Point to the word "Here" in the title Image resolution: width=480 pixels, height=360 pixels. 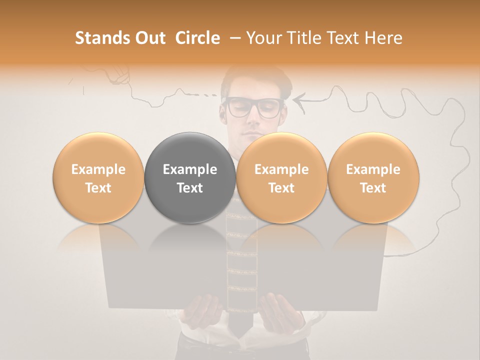click(x=383, y=38)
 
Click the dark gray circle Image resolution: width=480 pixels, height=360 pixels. click(x=190, y=178)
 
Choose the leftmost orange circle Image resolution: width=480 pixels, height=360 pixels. click(x=98, y=178)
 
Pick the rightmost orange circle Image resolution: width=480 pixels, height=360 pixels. click(x=373, y=178)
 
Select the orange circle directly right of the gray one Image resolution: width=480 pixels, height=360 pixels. click(x=281, y=178)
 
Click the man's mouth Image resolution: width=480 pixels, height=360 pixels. click(x=252, y=134)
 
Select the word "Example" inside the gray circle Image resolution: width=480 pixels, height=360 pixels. click(x=190, y=169)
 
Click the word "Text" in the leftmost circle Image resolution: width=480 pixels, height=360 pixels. click(x=98, y=188)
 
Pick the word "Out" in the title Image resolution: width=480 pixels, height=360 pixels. click(x=149, y=38)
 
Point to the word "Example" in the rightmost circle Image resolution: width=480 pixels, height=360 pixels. click(x=373, y=169)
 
